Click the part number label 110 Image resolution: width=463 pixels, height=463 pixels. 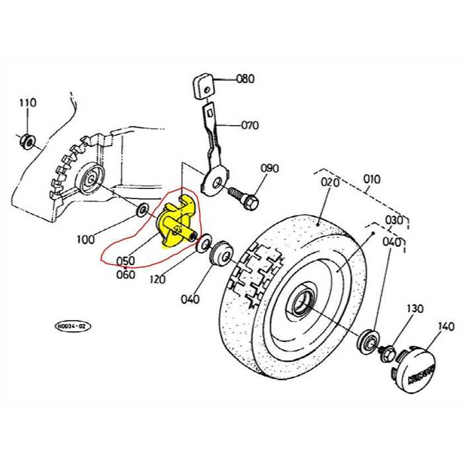(x=27, y=103)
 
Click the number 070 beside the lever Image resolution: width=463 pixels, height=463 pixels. (x=250, y=125)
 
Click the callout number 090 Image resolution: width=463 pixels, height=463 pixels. (x=269, y=168)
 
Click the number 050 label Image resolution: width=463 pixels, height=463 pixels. (x=126, y=261)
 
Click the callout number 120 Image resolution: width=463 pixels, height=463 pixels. (x=157, y=280)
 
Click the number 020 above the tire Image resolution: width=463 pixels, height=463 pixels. (x=329, y=182)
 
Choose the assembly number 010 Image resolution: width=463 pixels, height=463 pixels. (x=372, y=179)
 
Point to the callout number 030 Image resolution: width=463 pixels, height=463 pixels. (x=394, y=220)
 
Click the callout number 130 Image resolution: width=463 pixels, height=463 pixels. (x=414, y=309)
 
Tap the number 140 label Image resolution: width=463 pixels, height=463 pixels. (x=446, y=325)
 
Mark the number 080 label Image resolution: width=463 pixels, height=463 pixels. (x=245, y=79)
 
